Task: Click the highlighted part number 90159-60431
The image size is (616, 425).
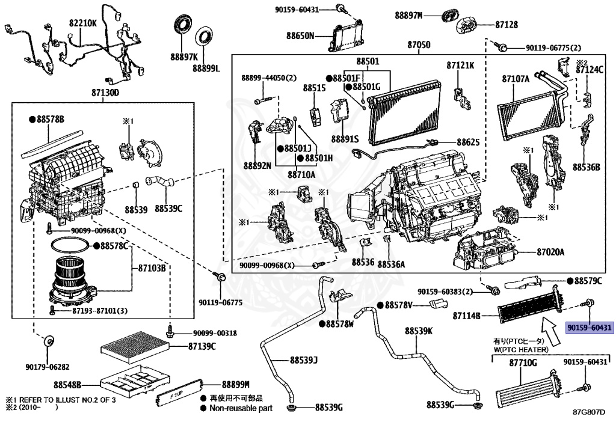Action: [589, 328]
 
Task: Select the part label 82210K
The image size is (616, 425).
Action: [82, 22]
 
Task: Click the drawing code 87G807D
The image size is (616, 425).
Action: [588, 412]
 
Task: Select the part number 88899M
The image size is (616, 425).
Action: [235, 384]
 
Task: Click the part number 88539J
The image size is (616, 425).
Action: [303, 361]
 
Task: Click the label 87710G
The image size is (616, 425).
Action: [523, 363]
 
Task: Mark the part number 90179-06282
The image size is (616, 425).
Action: [48, 367]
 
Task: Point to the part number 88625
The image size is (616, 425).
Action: [468, 142]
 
